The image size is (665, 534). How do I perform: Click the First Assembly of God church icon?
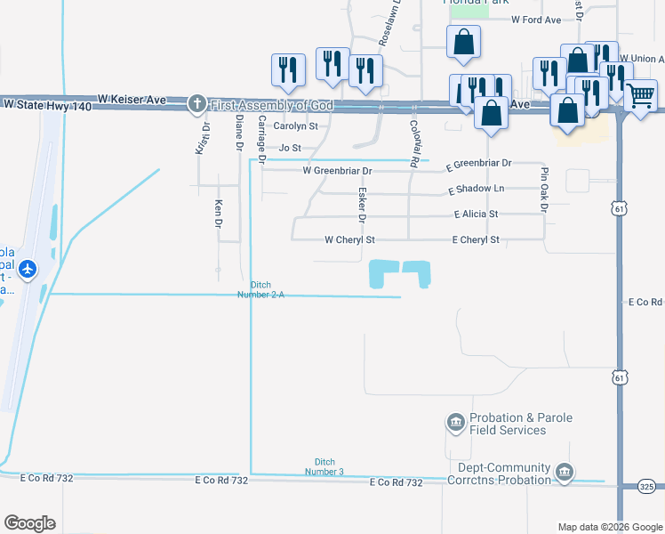(x=197, y=104)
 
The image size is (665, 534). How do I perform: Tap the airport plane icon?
(x=28, y=268)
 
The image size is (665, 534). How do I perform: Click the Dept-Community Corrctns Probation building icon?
(x=563, y=471)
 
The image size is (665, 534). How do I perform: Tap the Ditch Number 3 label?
(x=329, y=466)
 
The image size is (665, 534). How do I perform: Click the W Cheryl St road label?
(x=349, y=240)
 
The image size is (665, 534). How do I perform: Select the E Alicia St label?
(x=476, y=214)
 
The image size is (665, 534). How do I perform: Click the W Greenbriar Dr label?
(x=337, y=170)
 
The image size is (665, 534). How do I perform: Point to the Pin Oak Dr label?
(x=543, y=188)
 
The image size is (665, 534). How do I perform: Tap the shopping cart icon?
(x=641, y=95)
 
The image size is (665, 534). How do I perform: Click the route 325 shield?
(x=647, y=487)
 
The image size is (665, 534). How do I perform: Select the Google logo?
(x=29, y=523)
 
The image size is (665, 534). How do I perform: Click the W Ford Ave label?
(x=536, y=20)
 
